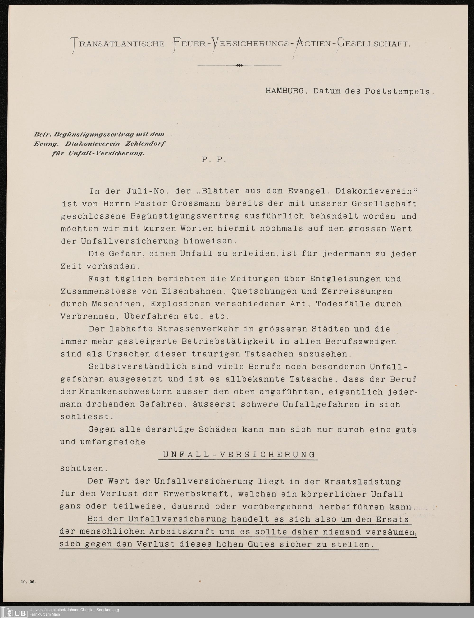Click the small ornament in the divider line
tap(239, 65)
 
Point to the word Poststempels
tap(398, 92)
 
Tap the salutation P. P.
tap(214, 160)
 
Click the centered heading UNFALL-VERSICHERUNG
tap(239, 455)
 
